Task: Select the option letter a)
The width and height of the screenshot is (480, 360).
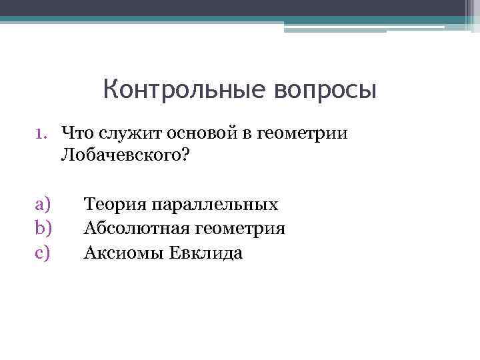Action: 43,204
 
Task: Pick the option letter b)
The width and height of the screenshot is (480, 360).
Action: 43,229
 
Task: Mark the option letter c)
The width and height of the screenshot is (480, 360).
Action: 43,253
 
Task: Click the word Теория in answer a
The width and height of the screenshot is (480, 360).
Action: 114,204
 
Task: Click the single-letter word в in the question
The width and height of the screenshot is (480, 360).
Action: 247,133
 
